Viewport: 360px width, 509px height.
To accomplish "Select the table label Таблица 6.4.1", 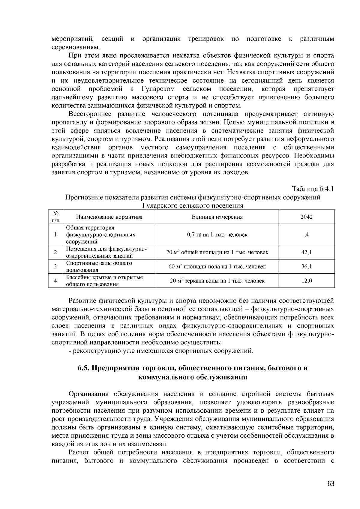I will [x=313, y=189].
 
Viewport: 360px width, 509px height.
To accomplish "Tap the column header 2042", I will [x=307, y=217].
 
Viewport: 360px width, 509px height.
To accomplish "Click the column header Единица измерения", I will [x=217, y=217].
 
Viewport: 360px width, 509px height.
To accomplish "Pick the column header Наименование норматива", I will [x=109, y=217].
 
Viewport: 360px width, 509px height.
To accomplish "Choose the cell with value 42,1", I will [x=307, y=252].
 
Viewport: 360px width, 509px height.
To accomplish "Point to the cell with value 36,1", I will [x=307, y=266].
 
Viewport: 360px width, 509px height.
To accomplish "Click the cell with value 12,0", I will [x=307, y=281].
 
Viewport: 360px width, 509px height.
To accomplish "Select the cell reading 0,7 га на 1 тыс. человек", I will [x=217, y=235].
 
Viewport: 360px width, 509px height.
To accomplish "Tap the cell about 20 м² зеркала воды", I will [x=217, y=281].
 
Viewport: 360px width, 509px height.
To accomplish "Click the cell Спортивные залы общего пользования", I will [x=99, y=266].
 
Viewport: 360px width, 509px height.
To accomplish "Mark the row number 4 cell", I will [x=55, y=281].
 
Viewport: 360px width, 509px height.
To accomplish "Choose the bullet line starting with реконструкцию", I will [x=161, y=351].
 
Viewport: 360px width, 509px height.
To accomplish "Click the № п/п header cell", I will [x=55, y=217].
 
